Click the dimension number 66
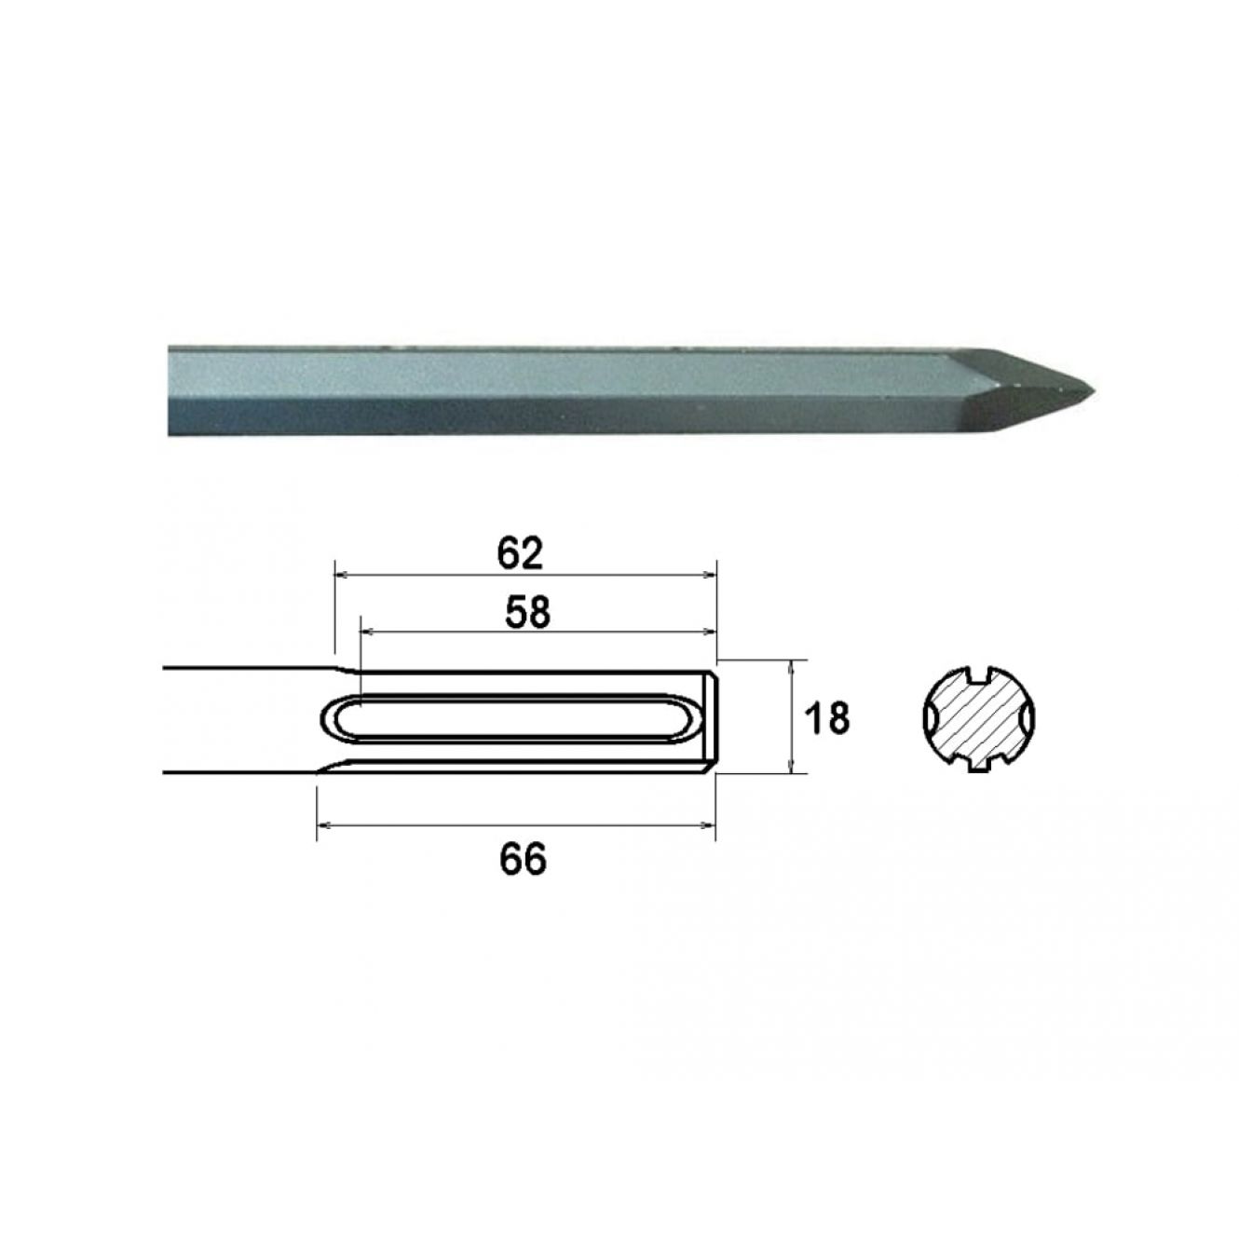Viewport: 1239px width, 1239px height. pyautogui.click(x=523, y=858)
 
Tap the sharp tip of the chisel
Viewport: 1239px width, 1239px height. pyautogui.click(x=1095, y=390)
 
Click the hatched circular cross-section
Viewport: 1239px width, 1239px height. pyautogui.click(x=979, y=717)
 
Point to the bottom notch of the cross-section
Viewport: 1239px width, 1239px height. pyautogui.click(x=978, y=764)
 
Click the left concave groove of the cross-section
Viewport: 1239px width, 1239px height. pyautogui.click(x=930, y=717)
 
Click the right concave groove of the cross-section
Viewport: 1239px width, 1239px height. pyautogui.click(x=1028, y=717)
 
